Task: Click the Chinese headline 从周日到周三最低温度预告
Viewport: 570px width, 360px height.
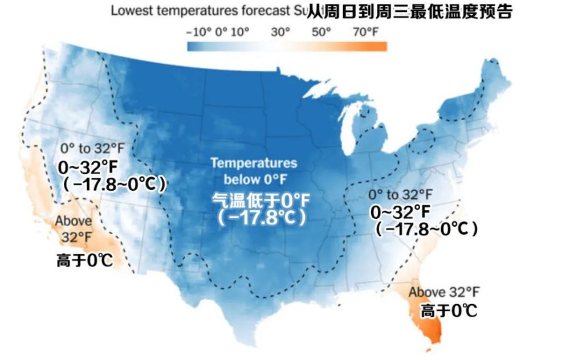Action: coord(409,11)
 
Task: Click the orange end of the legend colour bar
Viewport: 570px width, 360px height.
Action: coord(379,46)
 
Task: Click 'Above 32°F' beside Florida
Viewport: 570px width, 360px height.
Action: coord(444,292)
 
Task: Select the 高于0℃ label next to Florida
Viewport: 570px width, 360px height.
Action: coord(449,311)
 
